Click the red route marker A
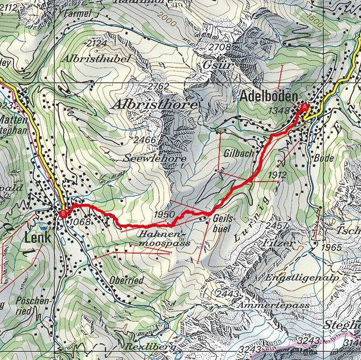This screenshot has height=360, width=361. point(304,107)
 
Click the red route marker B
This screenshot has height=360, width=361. point(63,214)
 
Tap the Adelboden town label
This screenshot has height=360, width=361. point(268,97)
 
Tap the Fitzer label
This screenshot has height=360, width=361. point(279,243)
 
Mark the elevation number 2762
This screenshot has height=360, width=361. point(158,86)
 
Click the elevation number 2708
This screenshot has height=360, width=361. point(220,48)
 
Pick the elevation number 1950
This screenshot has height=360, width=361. point(165,214)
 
